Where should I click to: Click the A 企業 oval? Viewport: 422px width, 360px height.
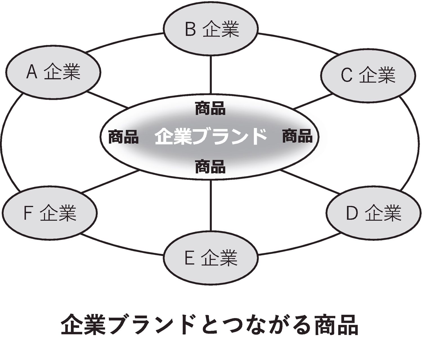[x=53, y=72]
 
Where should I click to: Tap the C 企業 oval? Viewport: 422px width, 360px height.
[x=368, y=75]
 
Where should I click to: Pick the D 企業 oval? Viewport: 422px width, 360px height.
[x=374, y=213]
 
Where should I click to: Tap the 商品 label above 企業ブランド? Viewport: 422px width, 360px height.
[x=210, y=109]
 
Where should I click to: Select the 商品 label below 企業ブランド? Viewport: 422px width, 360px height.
[x=210, y=166]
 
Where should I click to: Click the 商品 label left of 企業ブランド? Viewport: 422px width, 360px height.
[x=123, y=137]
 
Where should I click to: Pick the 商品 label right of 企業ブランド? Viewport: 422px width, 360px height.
[x=297, y=136]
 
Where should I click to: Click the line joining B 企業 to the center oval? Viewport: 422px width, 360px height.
[x=210, y=75]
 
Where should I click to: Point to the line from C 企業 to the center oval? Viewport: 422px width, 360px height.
[x=313, y=101]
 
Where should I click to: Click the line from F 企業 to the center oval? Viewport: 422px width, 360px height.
[x=110, y=181]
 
